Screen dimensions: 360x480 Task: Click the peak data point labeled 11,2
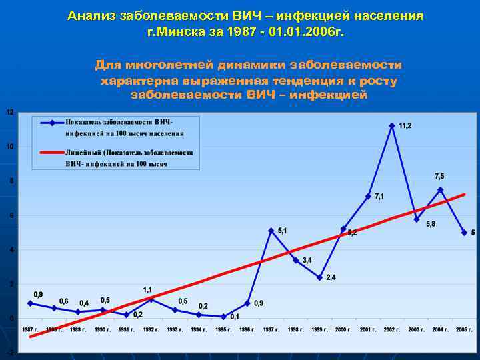(392, 125)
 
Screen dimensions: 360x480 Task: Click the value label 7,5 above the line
(439, 176)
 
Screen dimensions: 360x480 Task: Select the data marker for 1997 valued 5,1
(271, 231)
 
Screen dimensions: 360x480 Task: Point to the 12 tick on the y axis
(9, 112)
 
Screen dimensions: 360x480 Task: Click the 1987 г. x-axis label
(29, 330)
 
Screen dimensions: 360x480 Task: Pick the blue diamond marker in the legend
(51, 123)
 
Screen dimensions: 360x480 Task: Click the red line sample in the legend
(51, 153)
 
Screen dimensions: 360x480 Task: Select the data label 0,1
(235, 317)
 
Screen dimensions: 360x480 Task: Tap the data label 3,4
(307, 260)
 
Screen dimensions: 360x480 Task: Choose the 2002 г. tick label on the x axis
(391, 330)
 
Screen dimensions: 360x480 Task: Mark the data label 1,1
(148, 289)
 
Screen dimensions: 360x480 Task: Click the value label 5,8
(431, 224)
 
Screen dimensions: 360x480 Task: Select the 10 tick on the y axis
(9, 147)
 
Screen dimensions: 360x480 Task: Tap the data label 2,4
(331, 277)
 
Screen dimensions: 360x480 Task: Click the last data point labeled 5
(464, 233)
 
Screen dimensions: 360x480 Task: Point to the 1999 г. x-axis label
(319, 330)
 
